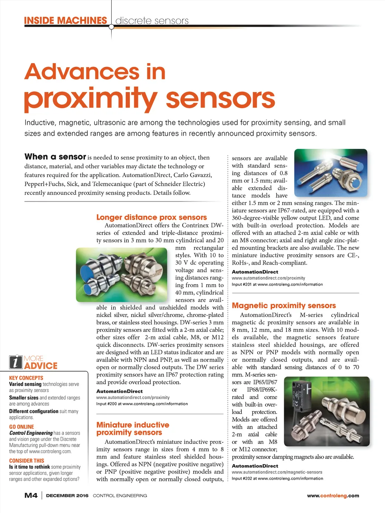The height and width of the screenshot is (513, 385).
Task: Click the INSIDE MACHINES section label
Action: coord(65,20)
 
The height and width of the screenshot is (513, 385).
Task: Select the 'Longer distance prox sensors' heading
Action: coord(152,217)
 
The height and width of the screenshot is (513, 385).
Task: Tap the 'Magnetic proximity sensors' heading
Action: coord(284,306)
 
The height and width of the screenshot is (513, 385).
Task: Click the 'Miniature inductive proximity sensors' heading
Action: coord(133,428)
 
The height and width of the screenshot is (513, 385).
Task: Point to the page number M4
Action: coord(31,495)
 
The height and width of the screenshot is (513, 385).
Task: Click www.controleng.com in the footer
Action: coord(333,496)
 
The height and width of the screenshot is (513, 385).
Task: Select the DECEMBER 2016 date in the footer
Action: coord(67,496)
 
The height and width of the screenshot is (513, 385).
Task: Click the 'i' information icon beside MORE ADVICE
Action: coord(15,362)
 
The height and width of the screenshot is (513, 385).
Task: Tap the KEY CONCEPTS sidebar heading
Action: coord(26,378)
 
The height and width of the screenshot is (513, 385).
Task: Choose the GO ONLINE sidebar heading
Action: coord(21,427)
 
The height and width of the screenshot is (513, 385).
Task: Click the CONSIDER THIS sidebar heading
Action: coord(26,460)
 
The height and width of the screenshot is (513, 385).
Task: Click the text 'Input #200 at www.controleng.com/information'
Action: coord(142,404)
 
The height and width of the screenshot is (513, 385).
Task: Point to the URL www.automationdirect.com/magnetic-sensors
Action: coord(277,472)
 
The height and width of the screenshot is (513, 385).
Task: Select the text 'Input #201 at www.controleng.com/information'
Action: coord(277,284)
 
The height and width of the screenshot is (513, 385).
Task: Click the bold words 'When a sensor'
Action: coord(55,157)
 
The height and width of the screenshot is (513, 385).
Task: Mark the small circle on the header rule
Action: coord(111,27)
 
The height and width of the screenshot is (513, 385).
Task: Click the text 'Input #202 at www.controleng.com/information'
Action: coord(277,478)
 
